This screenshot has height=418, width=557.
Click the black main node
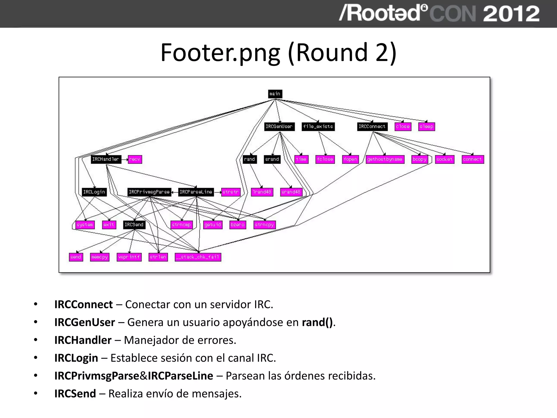tap(275, 94)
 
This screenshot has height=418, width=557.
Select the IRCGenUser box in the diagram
tap(279, 127)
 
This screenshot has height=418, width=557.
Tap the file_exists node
tap(318, 127)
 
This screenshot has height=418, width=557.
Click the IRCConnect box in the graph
tap(372, 127)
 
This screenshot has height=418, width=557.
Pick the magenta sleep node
tap(426, 127)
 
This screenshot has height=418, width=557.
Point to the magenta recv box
tap(135, 159)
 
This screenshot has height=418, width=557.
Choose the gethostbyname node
tap(385, 159)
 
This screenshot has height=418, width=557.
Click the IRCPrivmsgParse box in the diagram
tap(149, 192)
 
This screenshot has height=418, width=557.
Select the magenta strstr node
tap(231, 192)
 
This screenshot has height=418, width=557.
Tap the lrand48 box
tap(262, 192)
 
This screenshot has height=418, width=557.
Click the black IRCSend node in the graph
tap(134, 225)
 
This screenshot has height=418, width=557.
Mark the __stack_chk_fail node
tap(198, 257)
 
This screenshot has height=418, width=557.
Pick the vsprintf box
tap(129, 257)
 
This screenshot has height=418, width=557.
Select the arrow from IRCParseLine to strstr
tap(218, 192)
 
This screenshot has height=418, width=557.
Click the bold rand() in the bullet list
tap(317, 322)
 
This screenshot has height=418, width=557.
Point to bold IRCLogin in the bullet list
tap(76, 358)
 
